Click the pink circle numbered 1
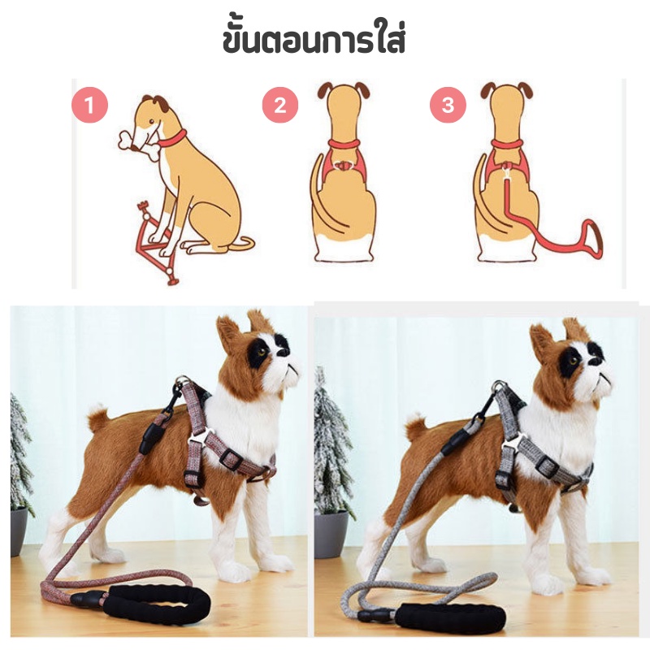click(x=89, y=105)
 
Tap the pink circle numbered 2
click(x=280, y=105)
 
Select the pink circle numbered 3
click(x=448, y=105)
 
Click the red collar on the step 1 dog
click(x=172, y=140)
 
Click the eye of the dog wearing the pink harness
click(x=262, y=353)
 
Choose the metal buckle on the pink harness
click(x=200, y=438)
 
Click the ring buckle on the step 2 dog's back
click(x=343, y=166)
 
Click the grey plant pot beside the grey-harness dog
click(x=331, y=534)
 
